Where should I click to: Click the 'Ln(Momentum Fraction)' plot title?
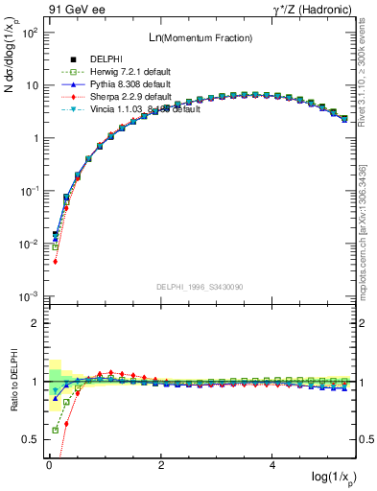[200, 37]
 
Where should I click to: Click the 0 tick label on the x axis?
[49, 464]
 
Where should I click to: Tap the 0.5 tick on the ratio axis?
[33, 440]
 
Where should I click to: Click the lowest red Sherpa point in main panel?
[56, 261]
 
